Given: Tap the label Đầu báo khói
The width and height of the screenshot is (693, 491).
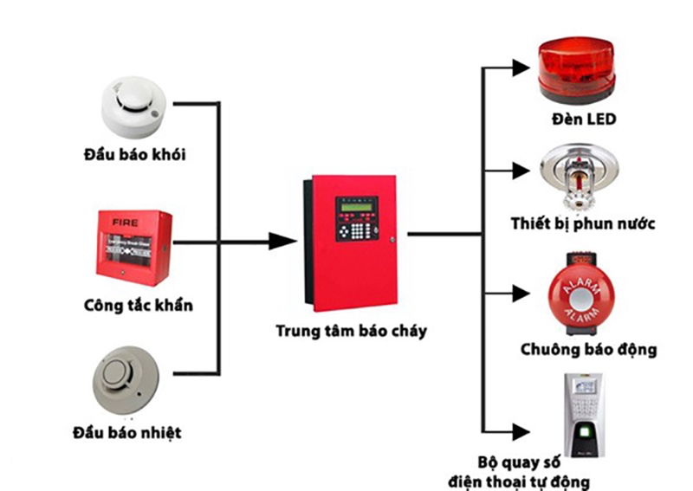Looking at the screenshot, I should (135, 155).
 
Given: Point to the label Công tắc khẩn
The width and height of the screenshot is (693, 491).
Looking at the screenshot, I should (139, 305).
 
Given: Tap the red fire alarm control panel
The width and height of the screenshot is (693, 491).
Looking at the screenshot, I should (351, 242).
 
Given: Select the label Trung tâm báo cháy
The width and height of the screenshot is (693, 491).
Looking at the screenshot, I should (351, 331).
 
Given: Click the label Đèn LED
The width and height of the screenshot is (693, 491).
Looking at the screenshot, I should (583, 120).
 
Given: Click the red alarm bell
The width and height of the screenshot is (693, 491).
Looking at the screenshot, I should (576, 294).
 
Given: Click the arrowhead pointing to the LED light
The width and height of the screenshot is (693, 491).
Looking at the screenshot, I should (519, 67).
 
